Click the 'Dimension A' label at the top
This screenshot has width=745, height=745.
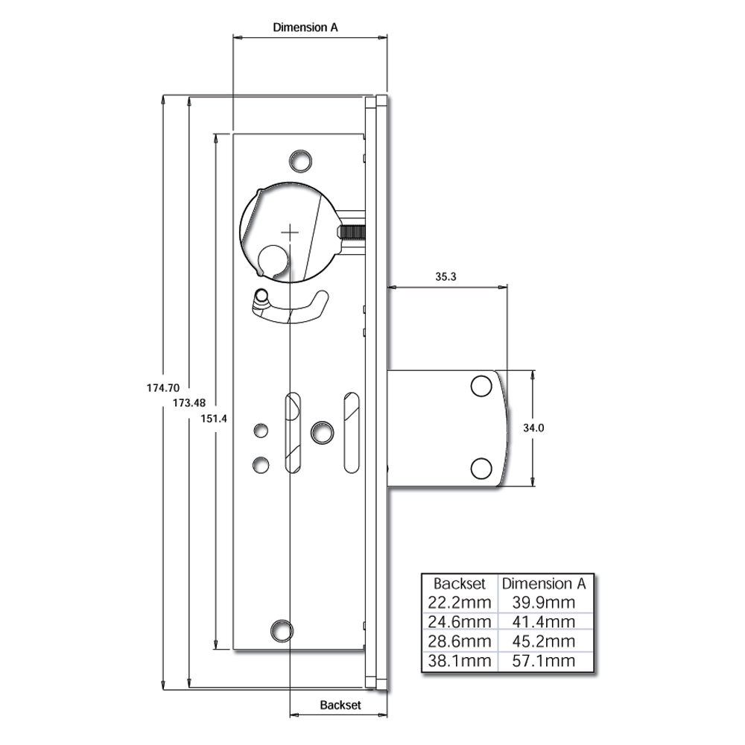pyautogui.click(x=305, y=28)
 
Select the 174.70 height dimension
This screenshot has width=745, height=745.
pyautogui.click(x=163, y=387)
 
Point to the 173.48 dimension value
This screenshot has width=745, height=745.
pyautogui.click(x=188, y=402)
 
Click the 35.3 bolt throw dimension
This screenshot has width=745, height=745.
pyautogui.click(x=445, y=276)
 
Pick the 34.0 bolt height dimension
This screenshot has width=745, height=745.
pyautogui.click(x=533, y=428)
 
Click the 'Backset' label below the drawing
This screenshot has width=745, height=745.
pyautogui.click(x=340, y=704)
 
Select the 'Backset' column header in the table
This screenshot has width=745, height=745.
pyautogui.click(x=460, y=583)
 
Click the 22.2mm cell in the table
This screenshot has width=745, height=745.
pyautogui.click(x=460, y=602)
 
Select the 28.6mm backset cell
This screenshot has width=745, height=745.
pyautogui.click(x=460, y=641)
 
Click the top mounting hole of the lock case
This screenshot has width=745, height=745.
pyautogui.click(x=301, y=160)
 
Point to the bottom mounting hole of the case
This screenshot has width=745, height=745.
pyautogui.click(x=282, y=630)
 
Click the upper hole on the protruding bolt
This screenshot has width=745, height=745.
pyautogui.click(x=481, y=387)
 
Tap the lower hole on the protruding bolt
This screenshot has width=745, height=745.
pyautogui.click(x=481, y=467)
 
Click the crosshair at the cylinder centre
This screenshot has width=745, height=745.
pyautogui.click(x=289, y=232)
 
